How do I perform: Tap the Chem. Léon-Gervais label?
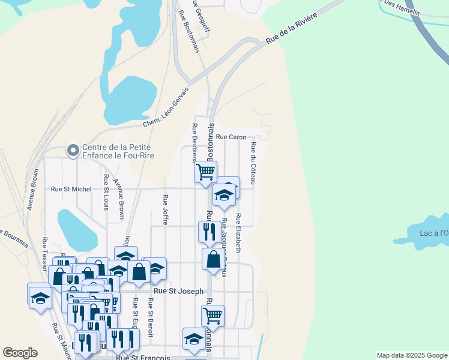click(x=166, y=107)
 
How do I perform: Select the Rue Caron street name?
click(x=231, y=137)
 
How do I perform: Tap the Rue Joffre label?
click(x=164, y=208)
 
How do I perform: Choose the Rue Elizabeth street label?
click(x=238, y=233)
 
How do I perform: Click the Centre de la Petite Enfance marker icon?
click(x=73, y=150)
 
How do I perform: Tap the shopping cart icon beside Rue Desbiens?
click(x=205, y=172)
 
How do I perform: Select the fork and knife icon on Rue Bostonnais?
click(x=209, y=232)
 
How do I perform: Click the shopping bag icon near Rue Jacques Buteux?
click(x=214, y=259)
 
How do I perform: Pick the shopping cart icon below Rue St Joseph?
click(x=212, y=316)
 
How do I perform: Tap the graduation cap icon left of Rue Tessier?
click(x=40, y=297)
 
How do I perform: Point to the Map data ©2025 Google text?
click(x=412, y=355)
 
